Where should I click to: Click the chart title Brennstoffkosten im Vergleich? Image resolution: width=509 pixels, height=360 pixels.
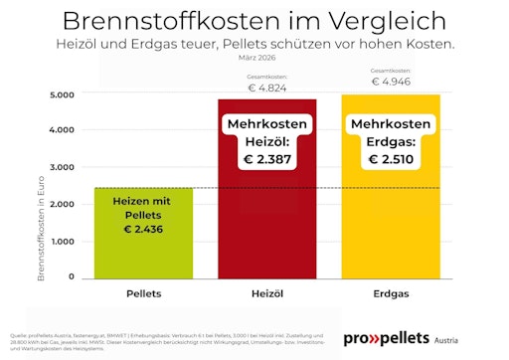tap(254, 21)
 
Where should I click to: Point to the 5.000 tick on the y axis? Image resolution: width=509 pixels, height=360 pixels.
tap(62, 94)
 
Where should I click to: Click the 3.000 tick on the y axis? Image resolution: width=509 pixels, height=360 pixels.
tap(62, 167)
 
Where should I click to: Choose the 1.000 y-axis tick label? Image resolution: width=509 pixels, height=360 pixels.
tap(62, 241)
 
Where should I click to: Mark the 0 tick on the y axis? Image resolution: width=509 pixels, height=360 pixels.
tap(71, 277)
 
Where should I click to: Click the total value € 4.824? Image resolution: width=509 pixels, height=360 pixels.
tap(267, 89)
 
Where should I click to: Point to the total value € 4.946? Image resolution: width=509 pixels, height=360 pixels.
tap(392, 82)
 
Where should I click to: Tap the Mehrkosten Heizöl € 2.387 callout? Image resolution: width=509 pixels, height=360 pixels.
tap(267, 141)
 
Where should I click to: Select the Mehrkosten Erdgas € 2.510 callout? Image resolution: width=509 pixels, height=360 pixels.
tap(392, 141)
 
